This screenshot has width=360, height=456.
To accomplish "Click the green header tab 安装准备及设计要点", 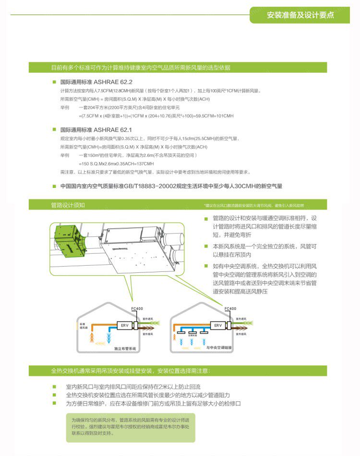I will (x=300, y=15).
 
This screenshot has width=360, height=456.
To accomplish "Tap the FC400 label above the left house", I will (x=137, y=308).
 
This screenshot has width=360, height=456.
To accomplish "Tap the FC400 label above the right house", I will (x=230, y=308).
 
